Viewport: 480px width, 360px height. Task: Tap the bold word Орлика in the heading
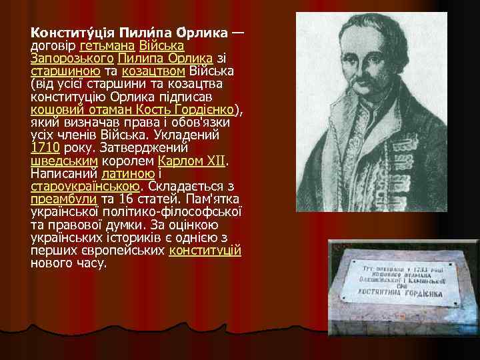(204, 33)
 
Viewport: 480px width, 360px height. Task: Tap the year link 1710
(45, 149)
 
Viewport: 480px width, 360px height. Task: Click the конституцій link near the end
(205, 251)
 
